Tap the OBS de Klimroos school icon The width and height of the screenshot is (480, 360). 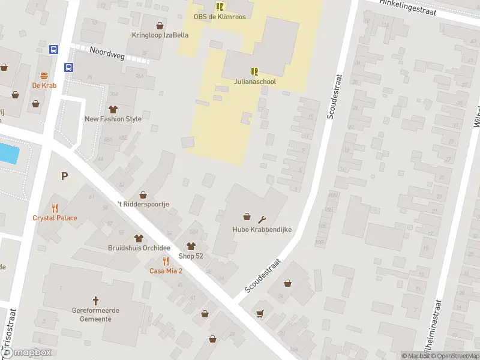[x=220, y=7]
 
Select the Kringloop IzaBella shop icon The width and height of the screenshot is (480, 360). [x=160, y=26]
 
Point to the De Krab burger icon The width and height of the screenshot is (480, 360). [x=44, y=76]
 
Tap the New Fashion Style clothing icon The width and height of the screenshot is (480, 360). [x=113, y=109]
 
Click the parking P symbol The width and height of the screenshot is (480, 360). [x=64, y=176]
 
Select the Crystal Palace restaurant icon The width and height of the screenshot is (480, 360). [x=55, y=208]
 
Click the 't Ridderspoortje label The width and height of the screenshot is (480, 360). [x=143, y=204]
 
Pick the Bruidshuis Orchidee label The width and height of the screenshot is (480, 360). [x=139, y=248]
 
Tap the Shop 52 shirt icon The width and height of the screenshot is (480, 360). [x=191, y=246]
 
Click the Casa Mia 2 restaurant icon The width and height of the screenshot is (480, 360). [x=166, y=261]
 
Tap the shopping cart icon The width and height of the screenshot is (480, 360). [x=260, y=313]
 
